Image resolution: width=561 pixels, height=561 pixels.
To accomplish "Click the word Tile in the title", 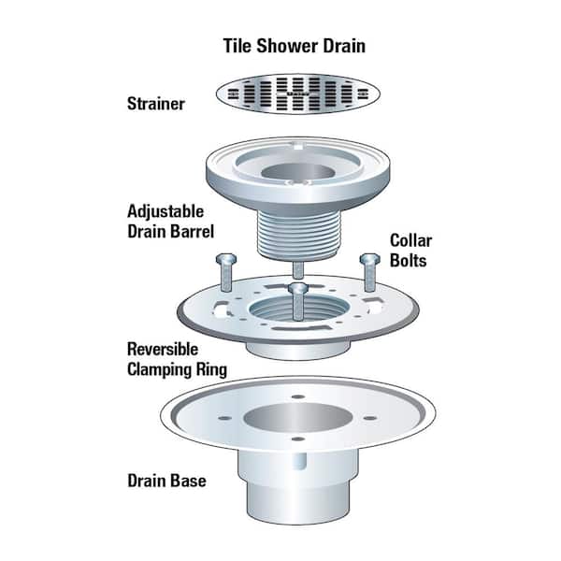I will tap(237, 44).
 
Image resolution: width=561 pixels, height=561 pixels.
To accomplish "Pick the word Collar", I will tap(404, 241).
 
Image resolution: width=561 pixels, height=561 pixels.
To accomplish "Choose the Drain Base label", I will tap(166, 482).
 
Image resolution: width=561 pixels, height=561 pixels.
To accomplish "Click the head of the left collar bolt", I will tap(225, 259).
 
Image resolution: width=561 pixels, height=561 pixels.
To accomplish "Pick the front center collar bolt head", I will tap(297, 291).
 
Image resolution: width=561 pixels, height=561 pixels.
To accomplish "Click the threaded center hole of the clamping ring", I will tap(295, 312).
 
